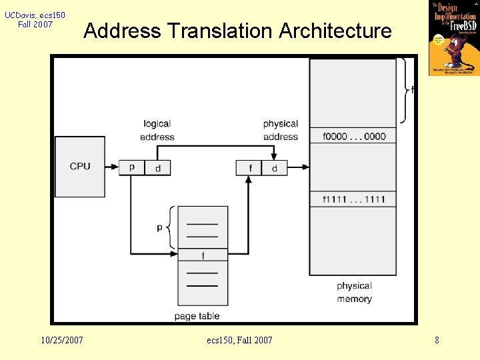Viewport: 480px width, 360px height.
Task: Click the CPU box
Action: [x=80, y=166]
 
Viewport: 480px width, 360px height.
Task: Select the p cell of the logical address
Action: [x=131, y=167]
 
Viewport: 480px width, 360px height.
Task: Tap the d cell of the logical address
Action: [x=158, y=168]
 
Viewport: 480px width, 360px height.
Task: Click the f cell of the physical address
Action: [x=249, y=168]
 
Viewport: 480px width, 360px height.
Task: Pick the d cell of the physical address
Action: [x=275, y=168]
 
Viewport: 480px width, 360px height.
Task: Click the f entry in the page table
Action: [x=203, y=255]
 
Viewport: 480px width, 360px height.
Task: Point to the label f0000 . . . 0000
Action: [x=353, y=136]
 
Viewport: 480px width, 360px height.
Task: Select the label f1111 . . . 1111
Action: [x=353, y=199]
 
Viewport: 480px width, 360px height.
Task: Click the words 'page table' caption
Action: [x=197, y=315]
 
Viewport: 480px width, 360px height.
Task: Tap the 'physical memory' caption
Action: [x=354, y=292]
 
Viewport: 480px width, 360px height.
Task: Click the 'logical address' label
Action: [x=157, y=130]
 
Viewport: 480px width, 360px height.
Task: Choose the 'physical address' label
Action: [x=281, y=130]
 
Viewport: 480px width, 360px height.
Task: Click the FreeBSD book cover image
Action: [x=453, y=37]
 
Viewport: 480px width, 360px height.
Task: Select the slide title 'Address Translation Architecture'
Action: [x=238, y=31]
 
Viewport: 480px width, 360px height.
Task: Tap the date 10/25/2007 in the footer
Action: [x=62, y=340]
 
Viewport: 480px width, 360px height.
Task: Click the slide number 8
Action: [x=437, y=340]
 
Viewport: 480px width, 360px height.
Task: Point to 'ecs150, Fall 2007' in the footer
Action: [x=239, y=340]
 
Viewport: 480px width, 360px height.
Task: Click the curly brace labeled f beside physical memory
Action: [x=405, y=90]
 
